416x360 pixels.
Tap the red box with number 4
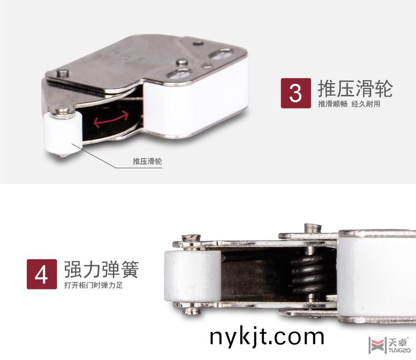tap(42, 273)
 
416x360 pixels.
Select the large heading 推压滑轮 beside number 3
tap(355, 88)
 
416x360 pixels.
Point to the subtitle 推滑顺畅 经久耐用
tap(349, 104)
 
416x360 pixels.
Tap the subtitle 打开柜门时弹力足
tap(94, 286)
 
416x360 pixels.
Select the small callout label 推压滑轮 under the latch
tap(147, 161)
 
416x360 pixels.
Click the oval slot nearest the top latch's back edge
tap(222, 53)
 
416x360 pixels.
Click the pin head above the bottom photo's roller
tap(192, 239)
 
